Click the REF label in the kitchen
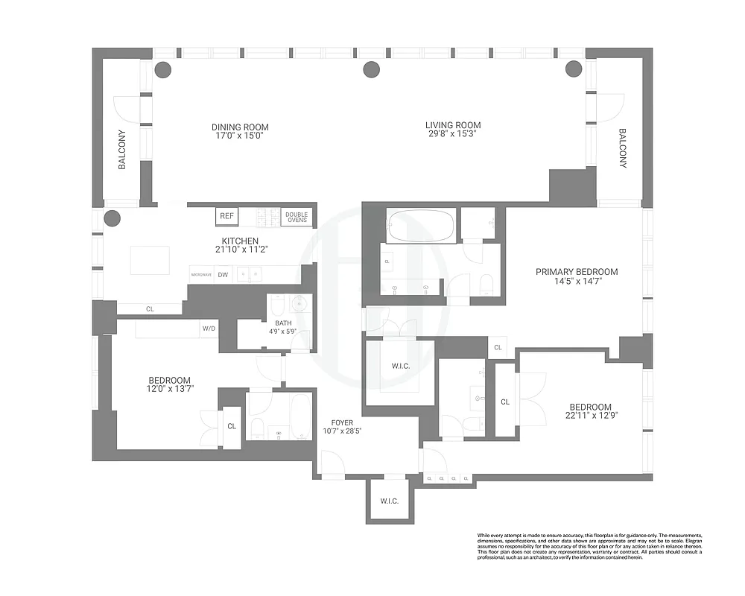226,216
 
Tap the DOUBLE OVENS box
297,217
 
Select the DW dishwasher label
223,274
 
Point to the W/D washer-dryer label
209,328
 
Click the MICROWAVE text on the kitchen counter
201,275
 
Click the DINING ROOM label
240,127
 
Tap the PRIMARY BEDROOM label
577,272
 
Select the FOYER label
337,422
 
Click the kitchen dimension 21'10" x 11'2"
240,250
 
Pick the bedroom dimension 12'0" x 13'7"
169,390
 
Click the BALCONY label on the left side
122,150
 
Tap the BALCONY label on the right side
623,148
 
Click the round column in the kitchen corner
112,218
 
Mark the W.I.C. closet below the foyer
389,501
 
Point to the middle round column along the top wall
371,70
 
